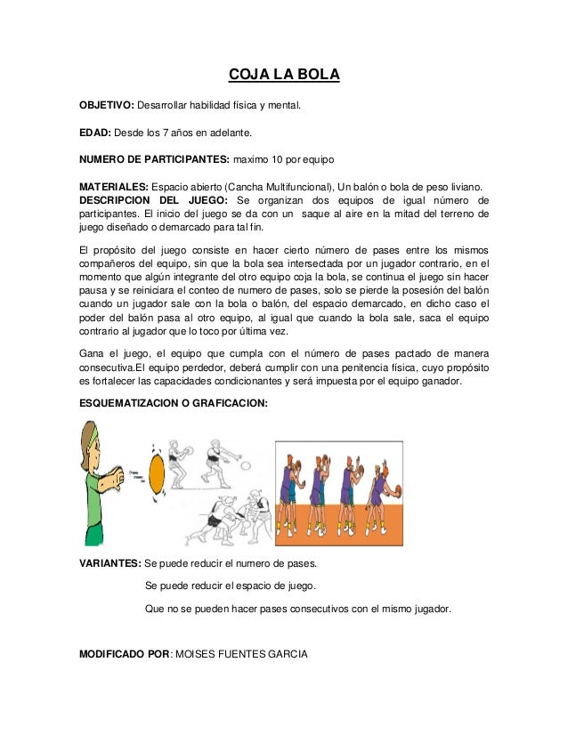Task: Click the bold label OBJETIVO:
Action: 106,107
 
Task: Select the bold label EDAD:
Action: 94,133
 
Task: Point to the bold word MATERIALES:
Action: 114,187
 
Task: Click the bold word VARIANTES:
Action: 110,564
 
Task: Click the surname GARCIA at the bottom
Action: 285,655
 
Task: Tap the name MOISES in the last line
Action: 195,655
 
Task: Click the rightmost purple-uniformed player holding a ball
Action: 383,494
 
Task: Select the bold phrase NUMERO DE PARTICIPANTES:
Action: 154,160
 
